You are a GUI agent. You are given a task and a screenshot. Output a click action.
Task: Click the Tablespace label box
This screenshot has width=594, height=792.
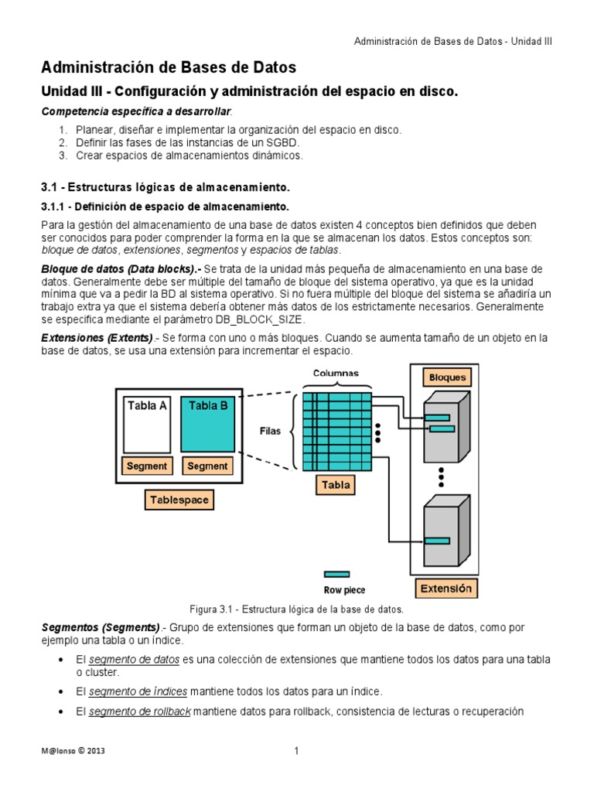[x=178, y=500]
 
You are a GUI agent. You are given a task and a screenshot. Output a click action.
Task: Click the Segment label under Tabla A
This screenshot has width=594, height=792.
[x=146, y=466]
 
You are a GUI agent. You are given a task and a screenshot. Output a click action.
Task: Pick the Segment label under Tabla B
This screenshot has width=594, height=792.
[x=207, y=466]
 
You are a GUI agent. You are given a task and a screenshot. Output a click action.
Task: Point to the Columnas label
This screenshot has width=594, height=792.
[x=336, y=373]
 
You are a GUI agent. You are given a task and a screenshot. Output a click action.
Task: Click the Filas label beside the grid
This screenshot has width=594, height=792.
[x=270, y=432]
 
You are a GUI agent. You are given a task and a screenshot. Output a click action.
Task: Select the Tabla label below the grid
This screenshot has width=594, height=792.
[x=336, y=485]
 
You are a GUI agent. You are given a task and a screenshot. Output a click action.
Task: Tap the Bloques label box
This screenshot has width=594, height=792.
[x=447, y=377]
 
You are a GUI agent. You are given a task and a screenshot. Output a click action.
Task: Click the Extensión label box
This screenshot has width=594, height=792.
[x=445, y=589]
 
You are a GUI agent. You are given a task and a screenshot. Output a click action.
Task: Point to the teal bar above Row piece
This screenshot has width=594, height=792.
[x=336, y=574]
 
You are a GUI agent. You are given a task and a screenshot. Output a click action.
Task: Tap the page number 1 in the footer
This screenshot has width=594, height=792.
[x=296, y=750]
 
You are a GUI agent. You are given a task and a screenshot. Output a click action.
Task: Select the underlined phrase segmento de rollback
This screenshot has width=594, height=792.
[x=139, y=712]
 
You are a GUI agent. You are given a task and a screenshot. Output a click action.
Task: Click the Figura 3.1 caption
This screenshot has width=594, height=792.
[x=297, y=609]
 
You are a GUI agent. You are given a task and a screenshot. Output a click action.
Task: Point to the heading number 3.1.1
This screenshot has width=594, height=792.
[x=53, y=207]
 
